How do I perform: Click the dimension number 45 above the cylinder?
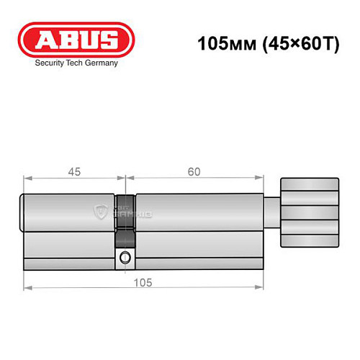(74, 171)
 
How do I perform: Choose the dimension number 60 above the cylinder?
(192, 171)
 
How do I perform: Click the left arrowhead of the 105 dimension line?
(27, 288)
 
